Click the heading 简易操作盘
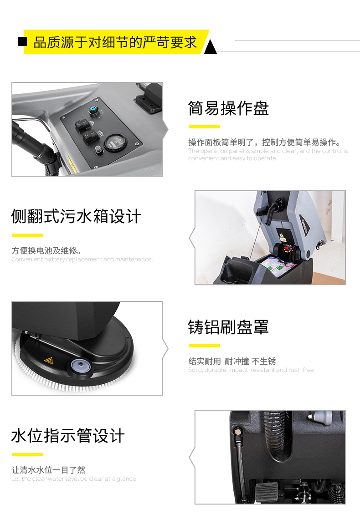228,108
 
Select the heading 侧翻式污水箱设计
76,216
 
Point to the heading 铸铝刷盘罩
228,327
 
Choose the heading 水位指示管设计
68,436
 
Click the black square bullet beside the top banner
22,41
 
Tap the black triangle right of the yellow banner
210,46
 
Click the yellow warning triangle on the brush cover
49,361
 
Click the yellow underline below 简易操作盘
205,127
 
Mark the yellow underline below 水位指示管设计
27,454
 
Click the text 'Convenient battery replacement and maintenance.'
82,260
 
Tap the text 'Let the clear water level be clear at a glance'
73,479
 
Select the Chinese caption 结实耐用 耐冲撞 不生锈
232,361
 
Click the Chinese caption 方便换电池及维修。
46,251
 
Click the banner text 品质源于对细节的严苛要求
115,42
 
